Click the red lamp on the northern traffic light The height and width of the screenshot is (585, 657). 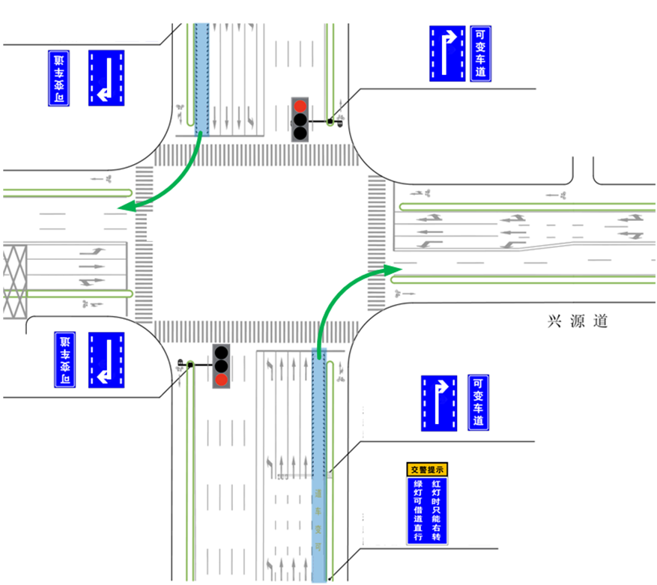[x=300, y=106]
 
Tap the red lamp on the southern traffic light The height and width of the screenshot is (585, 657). [x=221, y=380]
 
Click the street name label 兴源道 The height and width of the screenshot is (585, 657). [x=578, y=321]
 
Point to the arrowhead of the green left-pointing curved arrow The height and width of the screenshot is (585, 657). [x=126, y=207]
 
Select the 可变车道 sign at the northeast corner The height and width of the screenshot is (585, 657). [x=481, y=54]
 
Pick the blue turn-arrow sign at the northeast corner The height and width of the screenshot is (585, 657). [x=448, y=54]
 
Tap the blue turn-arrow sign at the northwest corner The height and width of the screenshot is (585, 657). [x=106, y=78]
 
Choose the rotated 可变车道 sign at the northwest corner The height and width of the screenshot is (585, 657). [x=58, y=78]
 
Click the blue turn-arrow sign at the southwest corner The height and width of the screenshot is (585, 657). [x=106, y=360]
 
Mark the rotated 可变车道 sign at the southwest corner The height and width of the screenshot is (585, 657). [x=65, y=360]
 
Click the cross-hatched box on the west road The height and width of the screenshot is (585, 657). [x=15, y=279]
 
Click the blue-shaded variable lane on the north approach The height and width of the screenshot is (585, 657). [x=202, y=79]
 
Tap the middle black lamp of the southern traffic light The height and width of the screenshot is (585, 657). [x=221, y=366]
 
